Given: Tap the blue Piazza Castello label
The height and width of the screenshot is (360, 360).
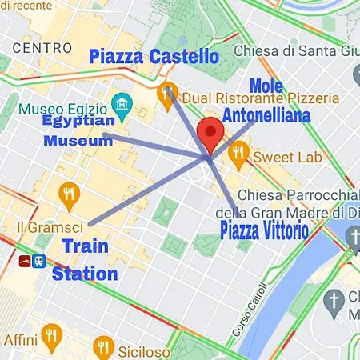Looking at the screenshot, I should [x=154, y=57].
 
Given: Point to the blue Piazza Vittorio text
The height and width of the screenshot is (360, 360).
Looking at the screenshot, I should [x=263, y=233].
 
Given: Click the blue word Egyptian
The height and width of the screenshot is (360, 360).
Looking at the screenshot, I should [x=78, y=121].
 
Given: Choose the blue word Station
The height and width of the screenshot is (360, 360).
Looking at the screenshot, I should [x=85, y=274].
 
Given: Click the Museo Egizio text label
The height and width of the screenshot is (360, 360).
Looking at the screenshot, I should [x=64, y=108].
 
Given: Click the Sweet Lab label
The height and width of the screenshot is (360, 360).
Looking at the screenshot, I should [x=288, y=157].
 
